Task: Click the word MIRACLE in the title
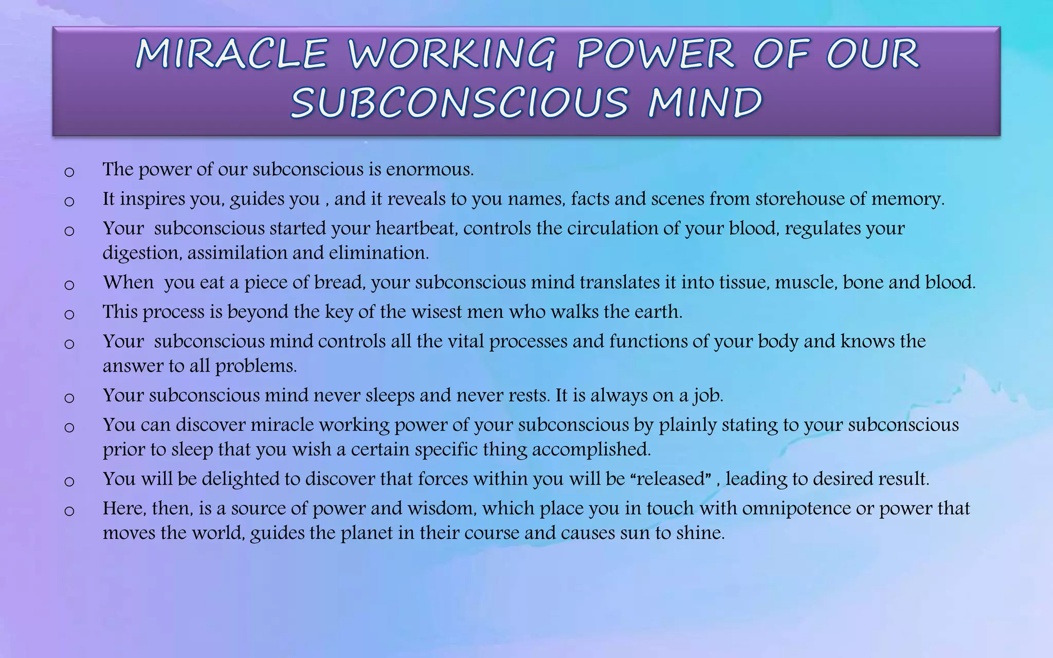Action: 231,53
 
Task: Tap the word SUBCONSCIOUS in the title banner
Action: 459,102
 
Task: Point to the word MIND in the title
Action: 705,102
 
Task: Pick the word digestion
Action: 141,253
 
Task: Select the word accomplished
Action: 591,449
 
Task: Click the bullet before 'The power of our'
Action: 69,172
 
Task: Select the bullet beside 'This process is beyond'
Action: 69,314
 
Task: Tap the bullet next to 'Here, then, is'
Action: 69,510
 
